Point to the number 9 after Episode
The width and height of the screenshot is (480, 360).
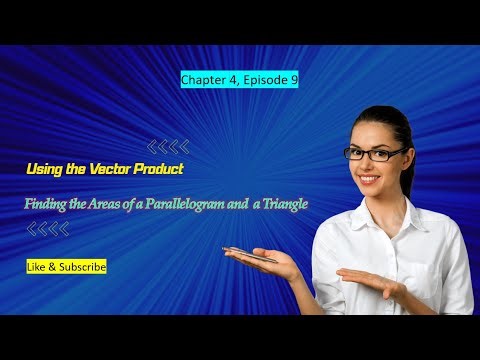[292, 78]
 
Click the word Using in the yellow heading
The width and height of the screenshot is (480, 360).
[44, 171]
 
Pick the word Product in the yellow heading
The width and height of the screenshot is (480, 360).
[160, 171]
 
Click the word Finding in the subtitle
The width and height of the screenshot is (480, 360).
[48, 204]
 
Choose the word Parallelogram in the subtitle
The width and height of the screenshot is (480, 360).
[199, 204]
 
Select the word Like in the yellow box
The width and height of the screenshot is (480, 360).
[39, 267]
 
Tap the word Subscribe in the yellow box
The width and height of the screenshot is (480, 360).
[81, 267]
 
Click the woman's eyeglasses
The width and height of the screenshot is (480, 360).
[374, 153]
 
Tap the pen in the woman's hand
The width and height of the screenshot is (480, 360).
[250, 254]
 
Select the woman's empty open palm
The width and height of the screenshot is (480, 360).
[370, 280]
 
